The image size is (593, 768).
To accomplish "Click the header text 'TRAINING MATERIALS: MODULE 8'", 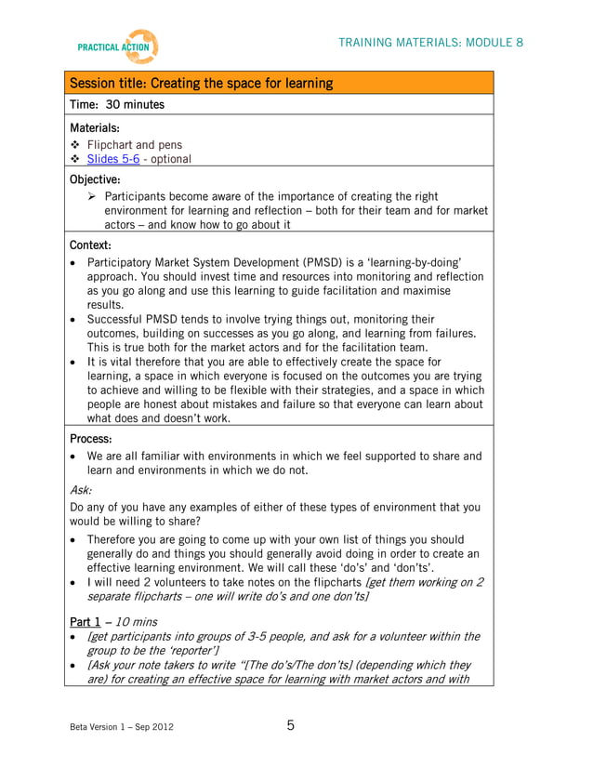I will tap(430, 43).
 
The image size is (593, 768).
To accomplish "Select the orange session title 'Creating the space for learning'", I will tap(201, 84).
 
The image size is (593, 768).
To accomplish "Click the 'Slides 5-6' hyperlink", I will tap(113, 159).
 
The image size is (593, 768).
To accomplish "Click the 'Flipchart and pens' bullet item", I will tap(135, 144).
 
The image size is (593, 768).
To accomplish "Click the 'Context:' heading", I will tap(91, 245).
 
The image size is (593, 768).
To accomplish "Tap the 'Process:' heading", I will tap(91, 437).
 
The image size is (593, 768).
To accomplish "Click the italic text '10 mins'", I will tap(134, 620).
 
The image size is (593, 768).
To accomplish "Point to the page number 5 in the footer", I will tap(290, 725).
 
